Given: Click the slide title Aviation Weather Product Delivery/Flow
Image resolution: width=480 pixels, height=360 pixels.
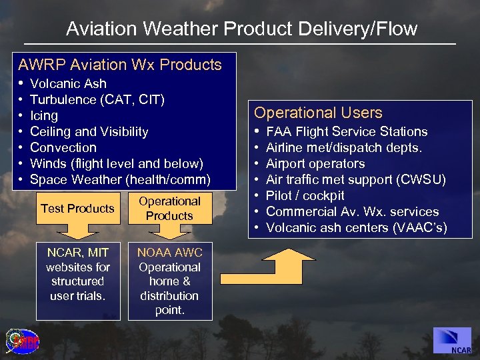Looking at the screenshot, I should pos(241,29).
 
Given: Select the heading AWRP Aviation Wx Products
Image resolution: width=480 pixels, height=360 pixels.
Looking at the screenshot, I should pos(120,65).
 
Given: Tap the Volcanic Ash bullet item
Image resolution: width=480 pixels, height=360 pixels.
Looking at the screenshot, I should pos(68,83).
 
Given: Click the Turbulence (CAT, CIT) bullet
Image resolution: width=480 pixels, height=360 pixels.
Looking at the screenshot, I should pos(97,99).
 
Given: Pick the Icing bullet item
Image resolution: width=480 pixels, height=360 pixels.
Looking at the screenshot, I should pos(44,115).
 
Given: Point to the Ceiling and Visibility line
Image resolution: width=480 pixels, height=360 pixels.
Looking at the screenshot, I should pos(89,131).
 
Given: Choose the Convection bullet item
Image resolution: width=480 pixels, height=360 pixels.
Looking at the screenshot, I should pos(63,147).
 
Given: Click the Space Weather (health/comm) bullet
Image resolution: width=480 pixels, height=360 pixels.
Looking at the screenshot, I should pos(120,179).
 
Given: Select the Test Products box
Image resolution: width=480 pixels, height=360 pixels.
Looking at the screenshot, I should pos(77,209).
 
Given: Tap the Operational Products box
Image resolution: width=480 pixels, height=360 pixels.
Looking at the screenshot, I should pos(169,209).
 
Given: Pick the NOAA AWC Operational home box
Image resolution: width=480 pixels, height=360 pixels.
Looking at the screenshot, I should pos(169,281).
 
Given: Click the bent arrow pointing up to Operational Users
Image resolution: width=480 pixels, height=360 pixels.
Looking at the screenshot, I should pos(267,270).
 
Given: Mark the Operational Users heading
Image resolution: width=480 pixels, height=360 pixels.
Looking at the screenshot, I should pos(318,113).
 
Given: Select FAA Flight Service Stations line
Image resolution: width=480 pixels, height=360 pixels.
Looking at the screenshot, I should pos(347,131).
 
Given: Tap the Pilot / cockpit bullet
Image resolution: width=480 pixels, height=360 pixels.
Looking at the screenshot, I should pos(305,195).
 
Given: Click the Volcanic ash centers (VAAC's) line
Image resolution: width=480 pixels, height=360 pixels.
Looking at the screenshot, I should pos(356,227).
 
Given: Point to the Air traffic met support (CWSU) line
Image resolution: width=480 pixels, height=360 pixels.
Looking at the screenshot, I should pos(355,179).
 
